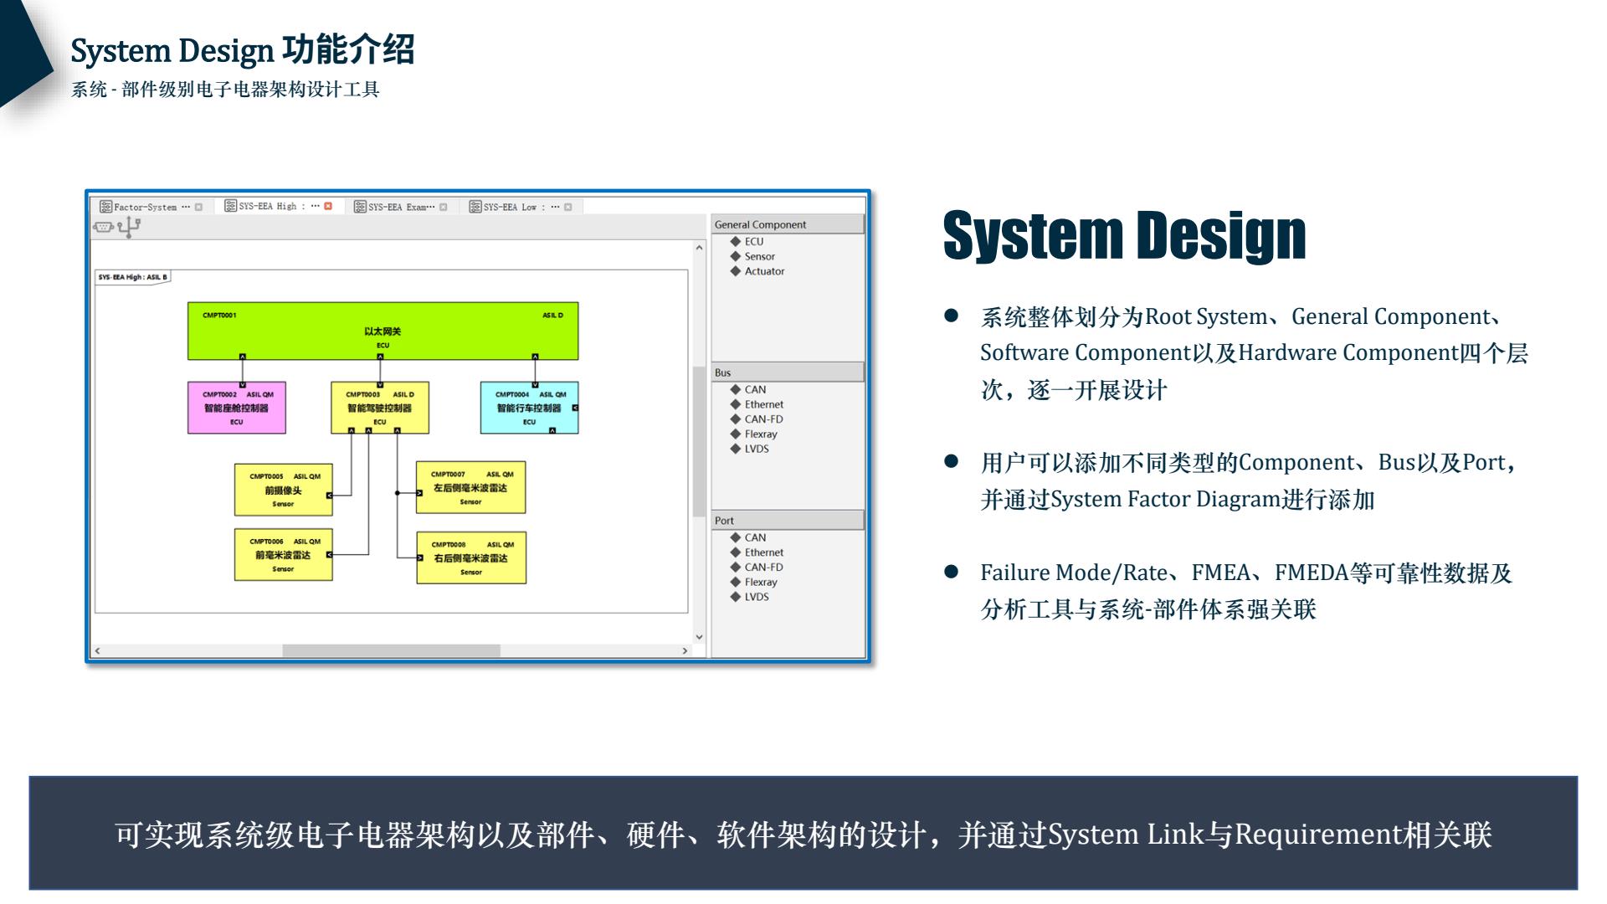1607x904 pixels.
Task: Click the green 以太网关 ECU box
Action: click(382, 331)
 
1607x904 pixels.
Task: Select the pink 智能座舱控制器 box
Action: click(237, 408)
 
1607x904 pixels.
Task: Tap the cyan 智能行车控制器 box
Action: click(529, 408)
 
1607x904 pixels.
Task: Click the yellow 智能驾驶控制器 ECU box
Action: click(380, 408)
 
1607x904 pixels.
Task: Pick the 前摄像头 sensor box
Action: click(283, 491)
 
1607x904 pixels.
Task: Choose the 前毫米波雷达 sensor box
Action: click(283, 555)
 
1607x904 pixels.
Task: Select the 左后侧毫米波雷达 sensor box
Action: click(470, 488)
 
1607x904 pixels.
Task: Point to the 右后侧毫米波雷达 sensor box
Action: click(470, 558)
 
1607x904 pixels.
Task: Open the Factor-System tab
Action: click(145, 207)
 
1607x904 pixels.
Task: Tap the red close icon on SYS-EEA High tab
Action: click(328, 206)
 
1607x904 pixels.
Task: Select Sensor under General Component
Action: click(759, 257)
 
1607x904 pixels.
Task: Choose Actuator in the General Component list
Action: click(764, 271)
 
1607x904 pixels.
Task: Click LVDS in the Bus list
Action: click(756, 449)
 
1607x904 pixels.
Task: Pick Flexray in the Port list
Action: click(760, 582)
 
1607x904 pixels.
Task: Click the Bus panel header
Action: click(787, 372)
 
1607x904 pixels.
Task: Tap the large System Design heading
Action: click(1124, 235)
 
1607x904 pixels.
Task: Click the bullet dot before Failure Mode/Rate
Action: click(951, 572)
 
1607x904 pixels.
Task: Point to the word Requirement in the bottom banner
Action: click(1317, 835)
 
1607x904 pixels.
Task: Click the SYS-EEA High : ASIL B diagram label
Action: click(133, 277)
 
